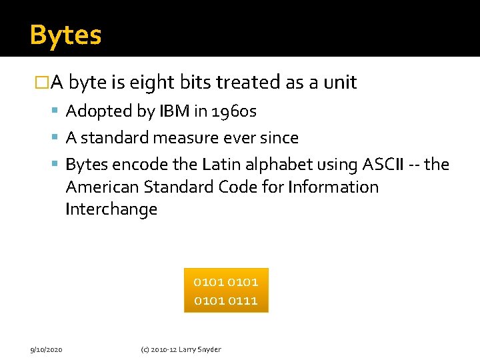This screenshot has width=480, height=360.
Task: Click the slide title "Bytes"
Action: click(x=65, y=35)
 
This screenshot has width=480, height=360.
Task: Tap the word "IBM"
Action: click(x=175, y=111)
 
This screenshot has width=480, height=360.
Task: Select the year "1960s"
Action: click(x=233, y=111)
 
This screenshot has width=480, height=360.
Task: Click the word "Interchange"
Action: click(x=111, y=209)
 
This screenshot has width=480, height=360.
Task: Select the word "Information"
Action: click(x=333, y=187)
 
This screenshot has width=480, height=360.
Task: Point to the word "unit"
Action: click(x=341, y=83)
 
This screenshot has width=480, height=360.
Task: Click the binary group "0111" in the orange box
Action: click(x=243, y=301)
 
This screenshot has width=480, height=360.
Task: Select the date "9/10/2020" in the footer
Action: click(x=47, y=349)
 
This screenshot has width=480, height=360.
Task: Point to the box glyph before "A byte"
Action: click(x=41, y=83)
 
